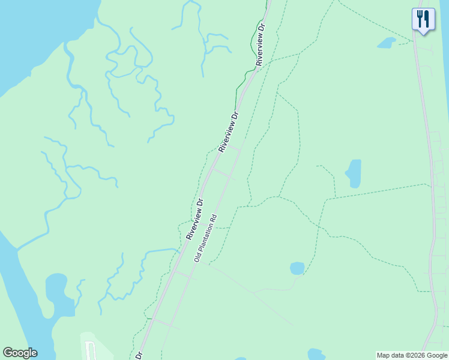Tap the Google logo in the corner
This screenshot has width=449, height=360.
(20, 353)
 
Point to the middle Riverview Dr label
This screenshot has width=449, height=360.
(229, 131)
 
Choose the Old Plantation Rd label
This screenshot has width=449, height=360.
(205, 238)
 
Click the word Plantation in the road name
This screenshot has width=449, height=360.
(206, 236)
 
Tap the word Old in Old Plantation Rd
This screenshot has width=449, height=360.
(196, 257)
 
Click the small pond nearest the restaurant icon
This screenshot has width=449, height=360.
(386, 43)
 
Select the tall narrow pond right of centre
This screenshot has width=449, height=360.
(354, 173)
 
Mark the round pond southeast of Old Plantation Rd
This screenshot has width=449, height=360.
(297, 268)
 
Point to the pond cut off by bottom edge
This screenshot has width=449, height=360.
(316, 354)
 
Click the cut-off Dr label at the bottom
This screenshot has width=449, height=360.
(139, 355)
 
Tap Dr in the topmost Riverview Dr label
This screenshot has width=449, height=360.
(261, 28)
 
